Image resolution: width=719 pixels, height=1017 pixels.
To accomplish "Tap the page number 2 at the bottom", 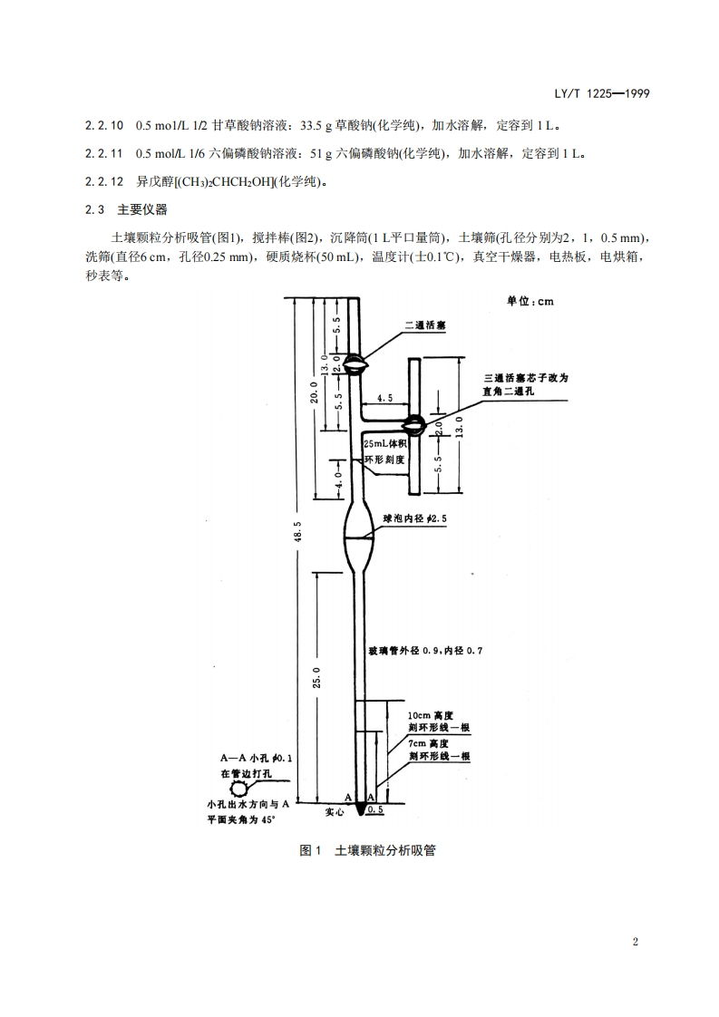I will point(636,942).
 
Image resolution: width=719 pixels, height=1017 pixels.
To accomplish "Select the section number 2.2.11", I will point(102,154).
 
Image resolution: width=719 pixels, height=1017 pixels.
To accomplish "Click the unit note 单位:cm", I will point(530,302).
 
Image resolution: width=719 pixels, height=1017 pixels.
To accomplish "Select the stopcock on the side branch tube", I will point(414,422).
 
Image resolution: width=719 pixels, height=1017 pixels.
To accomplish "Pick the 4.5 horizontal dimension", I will point(384,397).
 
